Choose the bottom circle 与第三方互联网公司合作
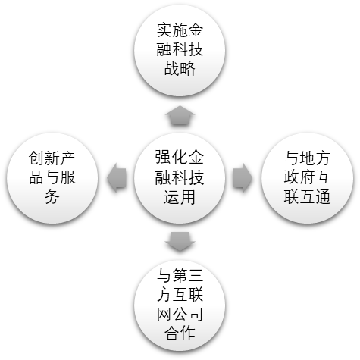pyautogui.click(x=180, y=306)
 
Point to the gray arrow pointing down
pyautogui.click(x=180, y=242)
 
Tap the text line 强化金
pyautogui.click(x=180, y=158)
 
